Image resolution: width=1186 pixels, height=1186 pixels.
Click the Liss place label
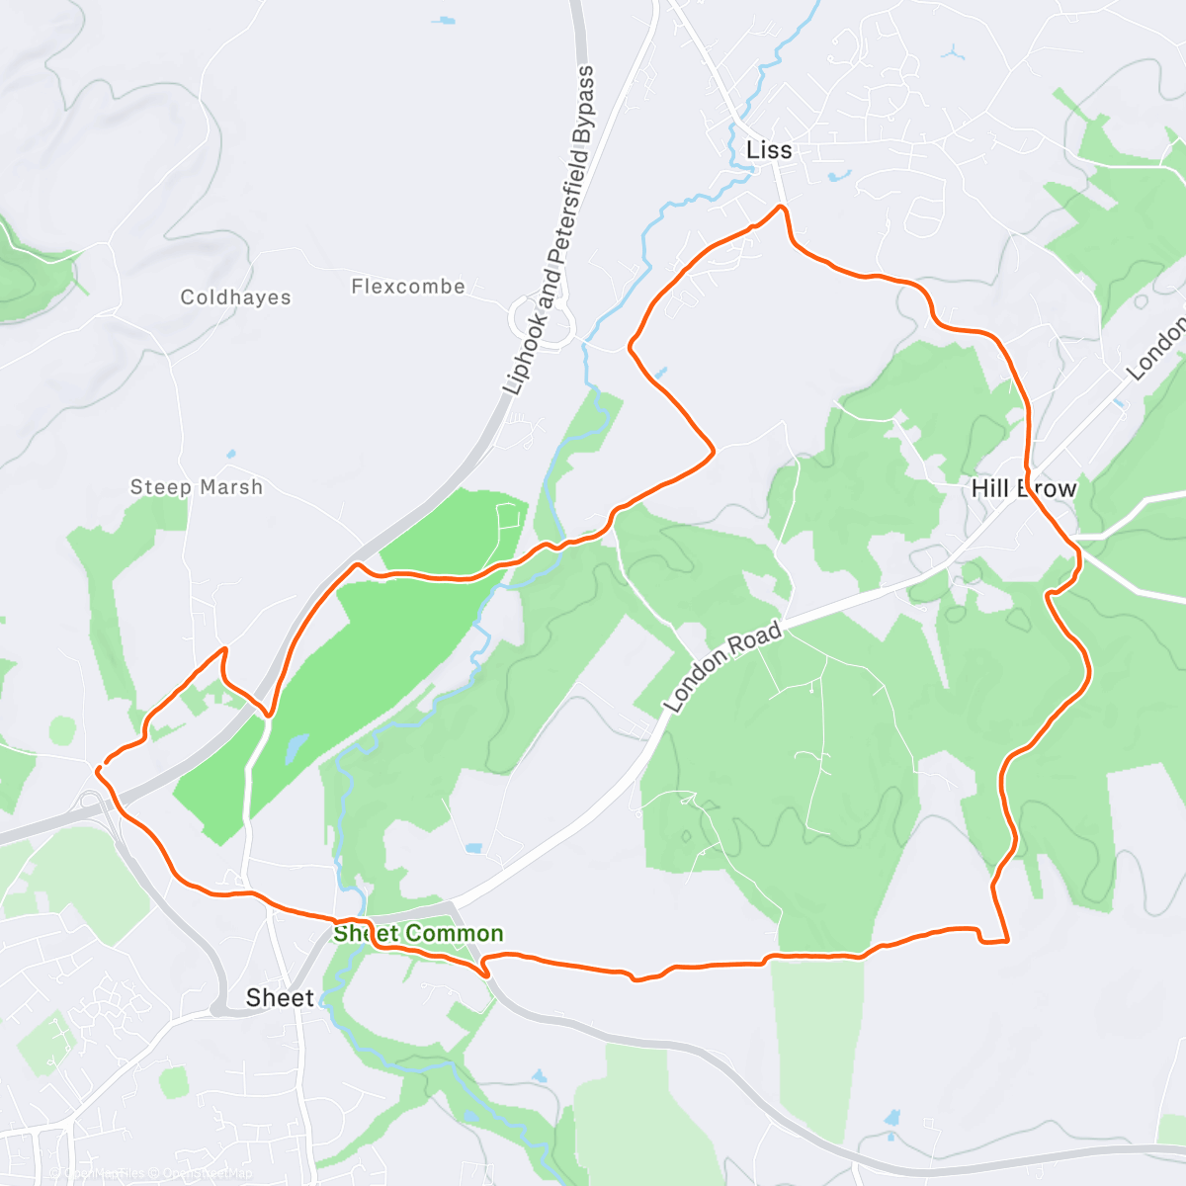(769, 150)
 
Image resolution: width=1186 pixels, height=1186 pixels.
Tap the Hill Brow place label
(1024, 488)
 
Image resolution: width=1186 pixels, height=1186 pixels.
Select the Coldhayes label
(236, 297)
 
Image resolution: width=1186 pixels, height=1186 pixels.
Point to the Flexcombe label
(408, 287)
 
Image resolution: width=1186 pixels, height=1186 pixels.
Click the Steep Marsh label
(197, 487)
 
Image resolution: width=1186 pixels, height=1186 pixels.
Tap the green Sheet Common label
(418, 933)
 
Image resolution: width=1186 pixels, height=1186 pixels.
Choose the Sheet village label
(280, 998)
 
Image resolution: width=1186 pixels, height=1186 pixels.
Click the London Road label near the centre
(723, 667)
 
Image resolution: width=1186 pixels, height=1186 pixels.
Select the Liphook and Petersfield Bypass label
(550, 230)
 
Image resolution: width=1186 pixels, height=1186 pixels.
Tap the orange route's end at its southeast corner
(1006, 941)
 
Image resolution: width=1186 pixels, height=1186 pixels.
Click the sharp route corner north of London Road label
(713, 451)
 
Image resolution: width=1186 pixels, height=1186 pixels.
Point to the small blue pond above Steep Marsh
(230, 454)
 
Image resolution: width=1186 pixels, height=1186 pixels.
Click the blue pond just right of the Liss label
(839, 176)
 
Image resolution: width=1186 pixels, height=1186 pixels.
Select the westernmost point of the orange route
(97, 768)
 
